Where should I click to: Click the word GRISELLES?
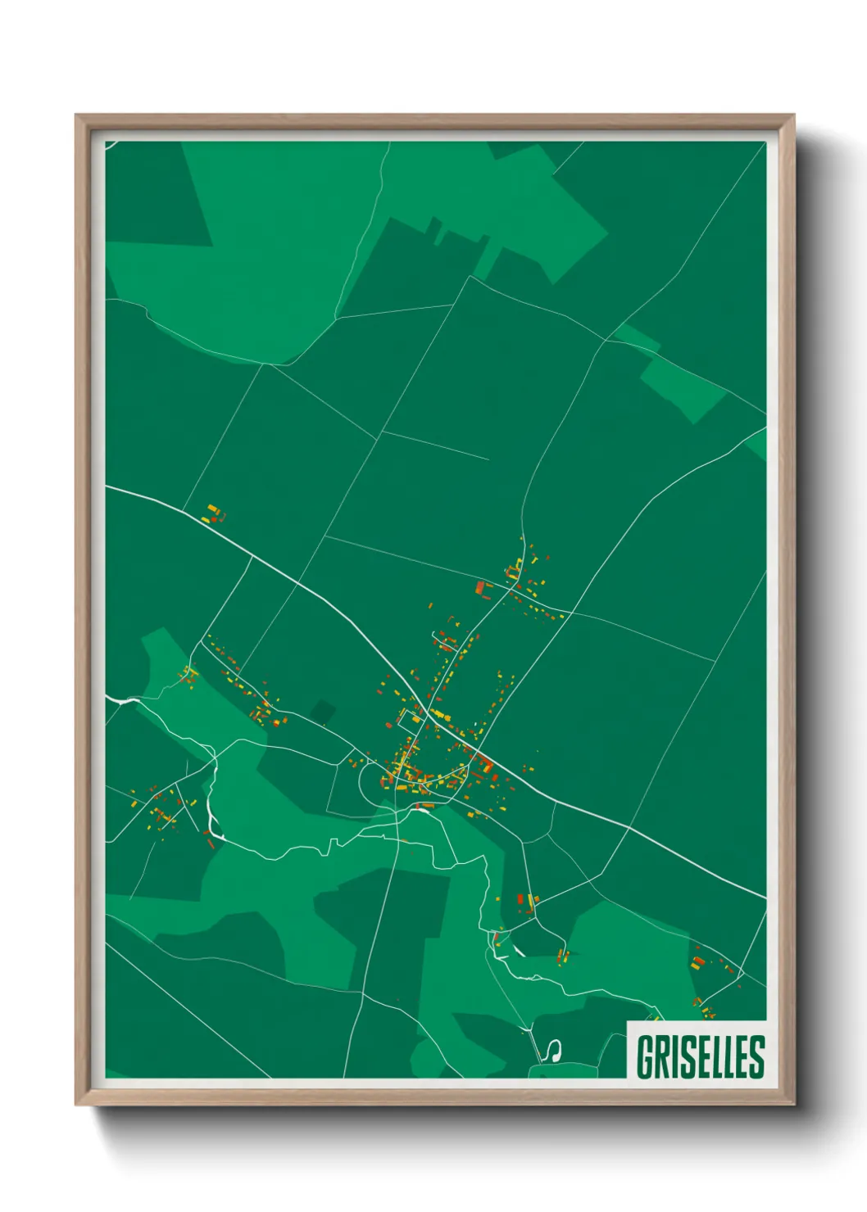[x=700, y=1056]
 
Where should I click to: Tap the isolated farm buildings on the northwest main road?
[x=215, y=514]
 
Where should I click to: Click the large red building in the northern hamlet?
[x=481, y=587]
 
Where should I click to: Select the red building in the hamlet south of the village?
[x=520, y=898]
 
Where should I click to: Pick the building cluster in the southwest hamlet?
[x=162, y=811]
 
